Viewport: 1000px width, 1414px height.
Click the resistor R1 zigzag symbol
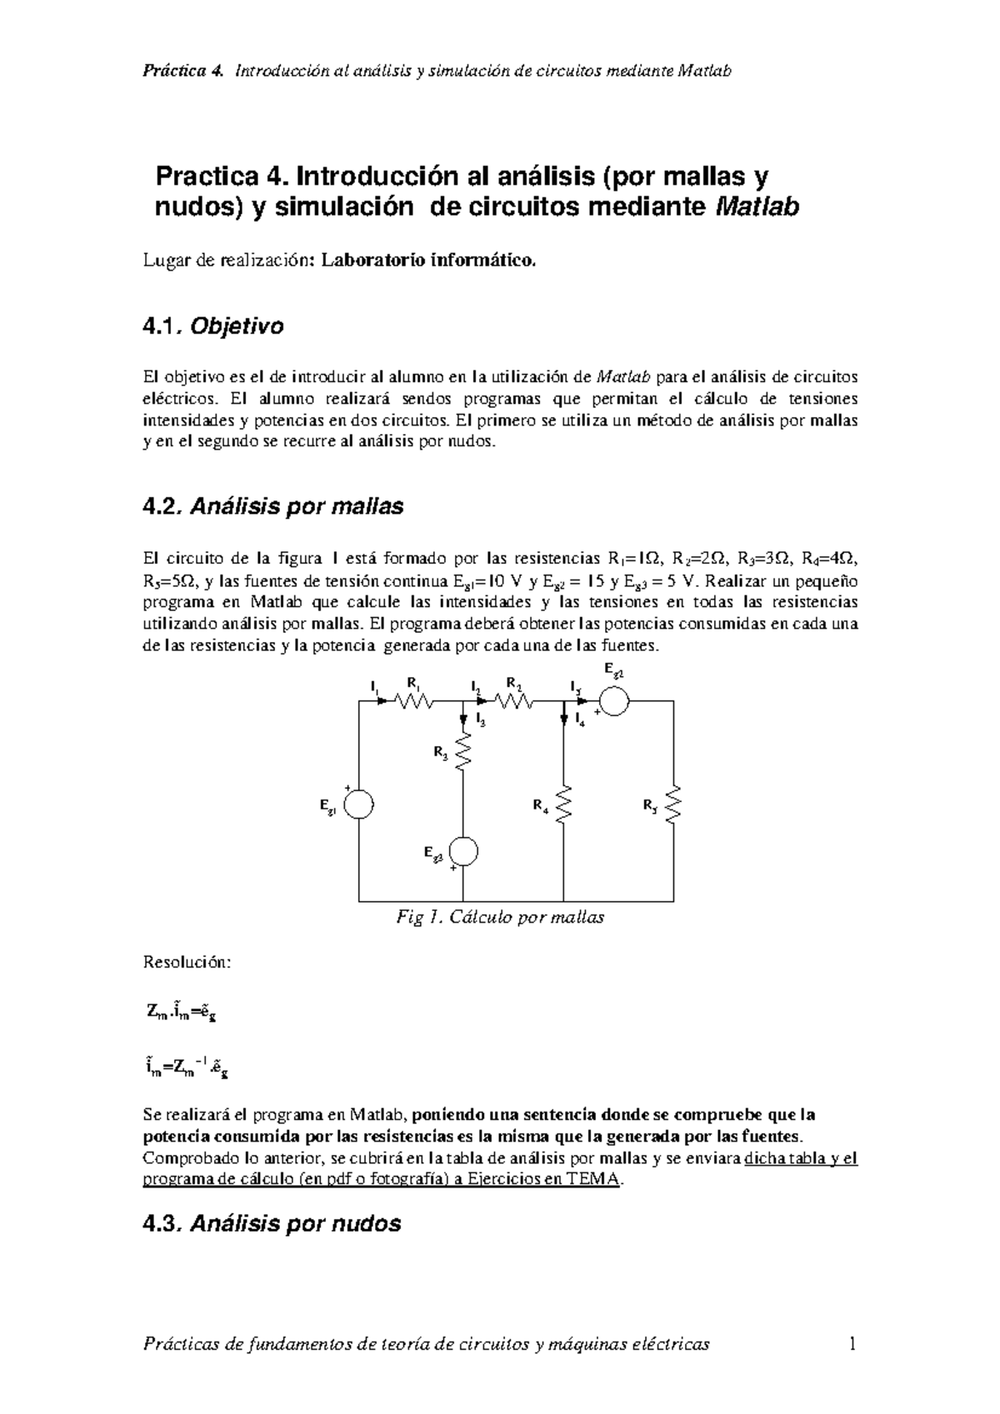(x=415, y=702)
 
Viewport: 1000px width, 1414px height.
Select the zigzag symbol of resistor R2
(x=515, y=702)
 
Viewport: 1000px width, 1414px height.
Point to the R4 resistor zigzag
(x=564, y=804)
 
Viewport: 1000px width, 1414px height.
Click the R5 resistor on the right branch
(x=673, y=804)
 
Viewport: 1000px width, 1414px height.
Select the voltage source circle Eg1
(x=359, y=805)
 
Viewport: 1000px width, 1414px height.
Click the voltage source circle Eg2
(x=614, y=701)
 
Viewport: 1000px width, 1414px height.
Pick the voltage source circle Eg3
(x=462, y=852)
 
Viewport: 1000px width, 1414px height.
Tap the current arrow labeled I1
(x=381, y=701)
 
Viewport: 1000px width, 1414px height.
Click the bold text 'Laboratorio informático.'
(x=430, y=261)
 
